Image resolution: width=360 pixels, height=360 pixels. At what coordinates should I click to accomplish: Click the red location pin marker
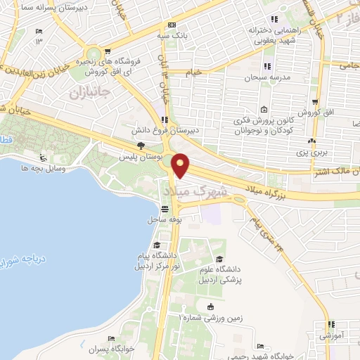181,166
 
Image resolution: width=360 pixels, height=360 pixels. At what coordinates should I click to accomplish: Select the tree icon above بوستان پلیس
141,145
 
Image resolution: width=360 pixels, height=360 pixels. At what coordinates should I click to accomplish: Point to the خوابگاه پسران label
112,349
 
